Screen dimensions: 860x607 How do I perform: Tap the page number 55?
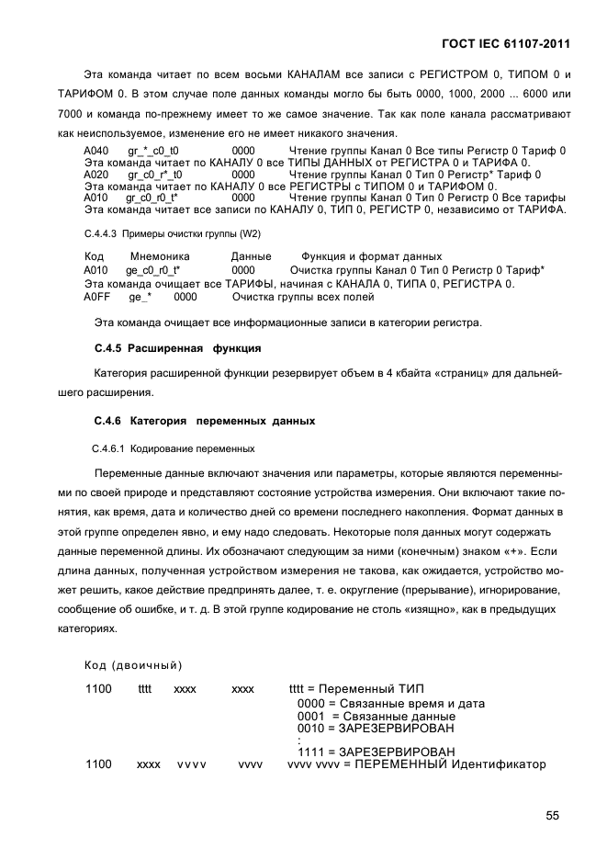[552, 814]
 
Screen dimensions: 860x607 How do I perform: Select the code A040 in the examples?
[96, 150]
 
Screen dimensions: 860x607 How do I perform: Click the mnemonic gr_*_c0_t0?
[153, 150]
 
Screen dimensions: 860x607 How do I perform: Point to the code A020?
[96, 174]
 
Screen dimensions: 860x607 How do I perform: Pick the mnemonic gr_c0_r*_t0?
[155, 174]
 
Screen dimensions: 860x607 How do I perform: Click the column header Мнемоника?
[160, 256]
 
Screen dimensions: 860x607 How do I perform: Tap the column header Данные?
[251, 256]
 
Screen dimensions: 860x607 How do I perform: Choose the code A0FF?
[96, 298]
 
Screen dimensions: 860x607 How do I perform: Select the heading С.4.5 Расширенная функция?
[178, 349]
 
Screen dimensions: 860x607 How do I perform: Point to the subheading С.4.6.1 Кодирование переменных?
[173, 449]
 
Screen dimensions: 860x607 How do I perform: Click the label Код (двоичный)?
[133, 664]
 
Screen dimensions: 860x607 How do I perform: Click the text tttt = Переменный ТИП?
[356, 689]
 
